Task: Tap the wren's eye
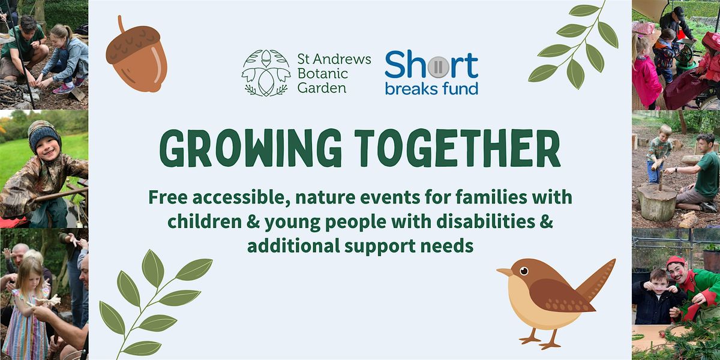[x=524, y=271]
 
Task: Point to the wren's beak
[x=505, y=272]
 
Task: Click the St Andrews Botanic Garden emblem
[x=266, y=73]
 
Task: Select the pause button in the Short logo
[x=438, y=67]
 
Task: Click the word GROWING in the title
[x=250, y=149]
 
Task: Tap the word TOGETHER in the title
[x=457, y=148]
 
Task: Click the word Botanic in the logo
[x=323, y=74]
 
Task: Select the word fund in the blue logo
[x=460, y=88]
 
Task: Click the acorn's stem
[x=121, y=24]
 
